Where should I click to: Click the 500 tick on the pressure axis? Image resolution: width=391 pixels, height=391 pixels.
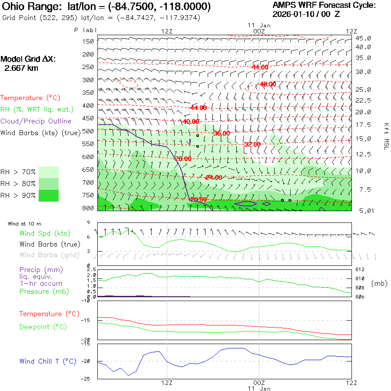tap(88, 131)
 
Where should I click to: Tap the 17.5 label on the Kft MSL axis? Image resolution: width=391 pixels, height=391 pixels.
tap(363, 125)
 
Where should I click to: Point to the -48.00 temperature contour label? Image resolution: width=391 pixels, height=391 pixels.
tap(268, 84)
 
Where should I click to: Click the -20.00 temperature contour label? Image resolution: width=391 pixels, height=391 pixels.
tap(198, 199)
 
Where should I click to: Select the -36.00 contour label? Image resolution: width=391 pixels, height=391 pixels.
tap(222, 133)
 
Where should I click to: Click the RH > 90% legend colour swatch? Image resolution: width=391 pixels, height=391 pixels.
tap(49, 195)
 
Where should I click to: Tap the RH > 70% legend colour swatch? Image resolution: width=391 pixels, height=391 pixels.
tap(49, 172)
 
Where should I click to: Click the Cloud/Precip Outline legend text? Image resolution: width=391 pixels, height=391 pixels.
tap(36, 121)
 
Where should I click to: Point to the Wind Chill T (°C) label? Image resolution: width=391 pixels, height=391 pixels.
tap(48, 361)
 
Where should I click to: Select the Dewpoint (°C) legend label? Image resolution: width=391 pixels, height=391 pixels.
tap(43, 327)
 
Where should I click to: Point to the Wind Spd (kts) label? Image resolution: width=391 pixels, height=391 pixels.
tap(44, 234)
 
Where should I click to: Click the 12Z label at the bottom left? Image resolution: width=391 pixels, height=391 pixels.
tap(167, 382)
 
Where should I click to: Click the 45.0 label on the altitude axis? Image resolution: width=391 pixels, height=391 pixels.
tap(363, 38)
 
